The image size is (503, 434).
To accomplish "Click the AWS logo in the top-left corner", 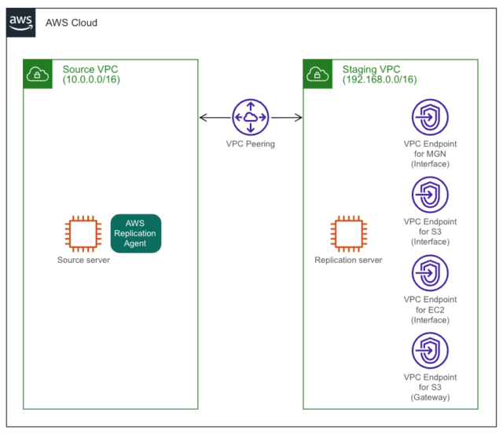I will [x=21, y=23].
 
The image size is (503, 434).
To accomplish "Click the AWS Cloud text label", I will [x=72, y=23].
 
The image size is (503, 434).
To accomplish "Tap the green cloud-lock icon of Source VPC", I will [x=39, y=74].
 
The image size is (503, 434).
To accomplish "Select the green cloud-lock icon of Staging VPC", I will [x=318, y=74].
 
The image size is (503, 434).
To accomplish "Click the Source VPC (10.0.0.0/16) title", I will [x=91, y=75].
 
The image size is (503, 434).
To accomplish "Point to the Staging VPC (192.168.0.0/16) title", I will [x=380, y=75].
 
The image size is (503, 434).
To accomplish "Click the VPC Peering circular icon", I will [x=250, y=118].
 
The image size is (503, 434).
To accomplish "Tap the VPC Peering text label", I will [x=250, y=144].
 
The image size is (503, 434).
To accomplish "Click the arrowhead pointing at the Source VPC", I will [x=204, y=118].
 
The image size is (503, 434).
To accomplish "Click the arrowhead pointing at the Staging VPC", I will [x=298, y=118].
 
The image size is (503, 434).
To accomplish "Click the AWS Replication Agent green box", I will [x=135, y=234].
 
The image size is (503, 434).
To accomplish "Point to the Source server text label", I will [x=83, y=260].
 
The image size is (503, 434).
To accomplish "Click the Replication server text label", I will [x=348, y=260].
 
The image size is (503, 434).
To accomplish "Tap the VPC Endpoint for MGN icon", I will [x=430, y=118].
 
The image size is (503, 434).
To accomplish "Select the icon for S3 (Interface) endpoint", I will [x=430, y=195].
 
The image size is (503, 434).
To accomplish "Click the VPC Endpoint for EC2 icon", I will [x=430, y=272].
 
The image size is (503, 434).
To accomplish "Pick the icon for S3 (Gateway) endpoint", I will [x=430, y=350].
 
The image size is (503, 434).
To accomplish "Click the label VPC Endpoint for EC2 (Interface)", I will [x=430, y=309].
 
